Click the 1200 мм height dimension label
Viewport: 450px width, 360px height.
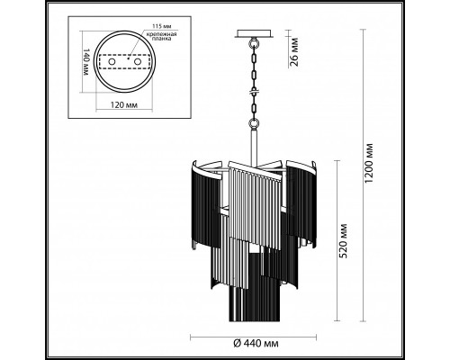pyautogui.click(x=370, y=164)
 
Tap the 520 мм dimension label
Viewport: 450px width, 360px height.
pyautogui.click(x=344, y=240)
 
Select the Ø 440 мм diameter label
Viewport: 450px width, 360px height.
pyautogui.click(x=256, y=343)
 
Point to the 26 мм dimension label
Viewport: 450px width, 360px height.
pyautogui.click(x=294, y=52)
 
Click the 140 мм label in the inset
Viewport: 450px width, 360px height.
pyautogui.click(x=86, y=62)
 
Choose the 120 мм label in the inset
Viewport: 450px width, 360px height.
pyautogui.click(x=124, y=105)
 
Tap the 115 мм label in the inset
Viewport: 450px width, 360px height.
pyautogui.click(x=160, y=26)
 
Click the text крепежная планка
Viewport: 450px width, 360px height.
pyautogui.click(x=161, y=36)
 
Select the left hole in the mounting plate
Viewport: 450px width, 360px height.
pyautogui.click(x=112, y=62)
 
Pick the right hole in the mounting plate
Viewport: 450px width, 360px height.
pyautogui.click(x=138, y=62)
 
